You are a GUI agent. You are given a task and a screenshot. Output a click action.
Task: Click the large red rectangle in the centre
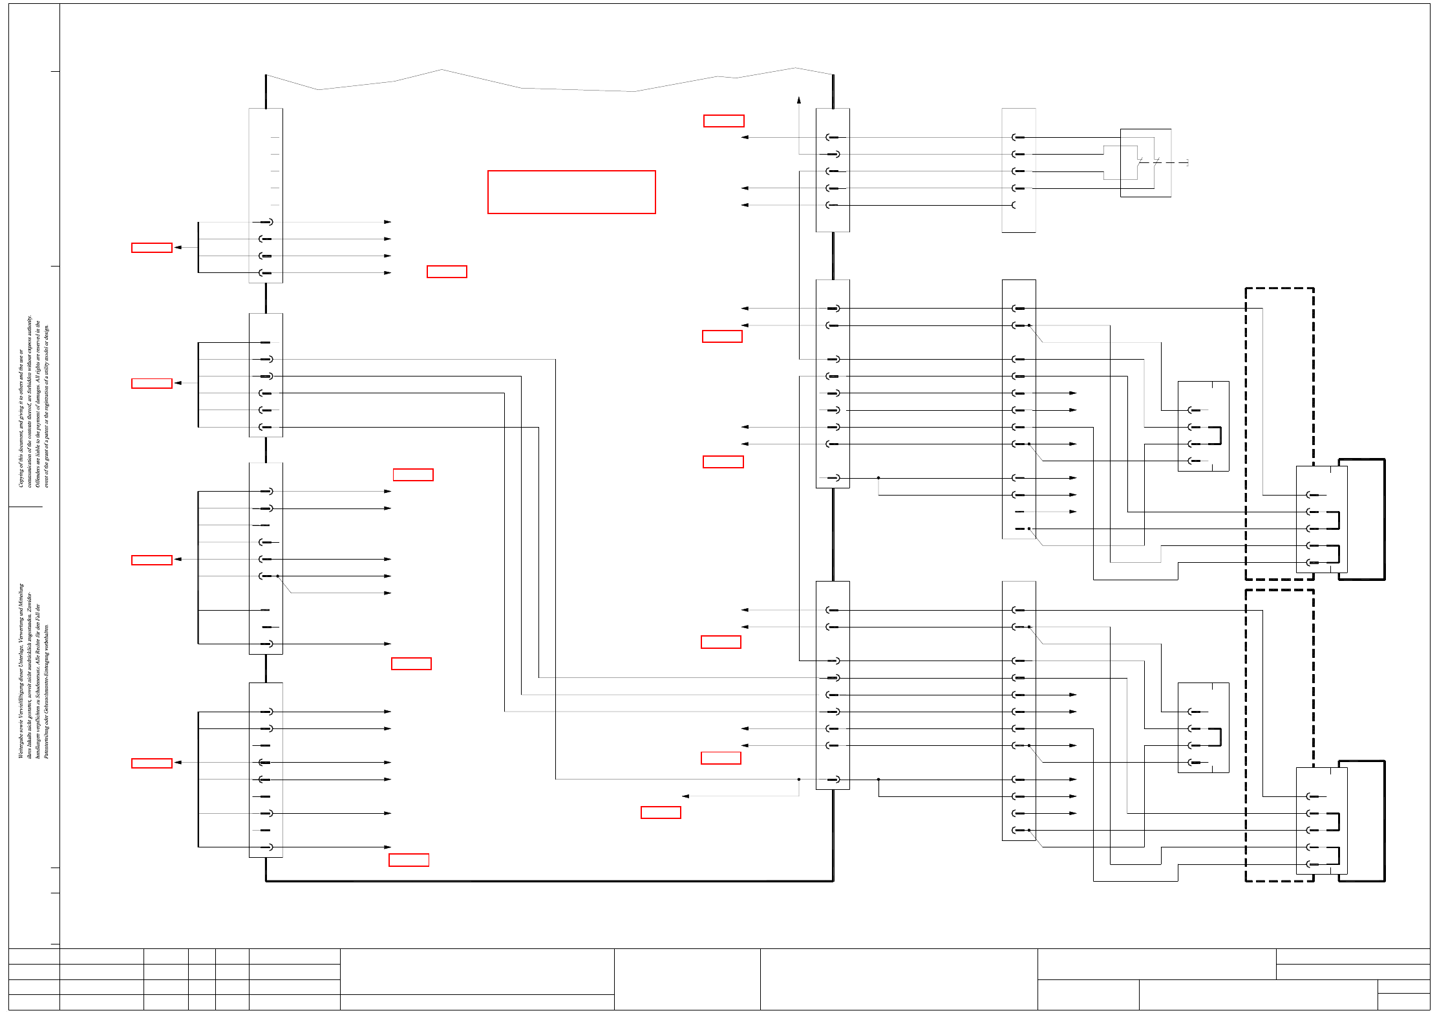pyautogui.click(x=571, y=192)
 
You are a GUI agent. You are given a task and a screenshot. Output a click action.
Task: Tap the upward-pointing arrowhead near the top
pyautogui.click(x=799, y=100)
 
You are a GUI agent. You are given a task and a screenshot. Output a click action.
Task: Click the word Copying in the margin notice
pyautogui.click(x=21, y=475)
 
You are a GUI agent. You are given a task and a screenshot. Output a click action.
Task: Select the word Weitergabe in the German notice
pyautogui.click(x=21, y=744)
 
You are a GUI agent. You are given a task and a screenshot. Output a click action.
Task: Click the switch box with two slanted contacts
pyautogui.click(x=1145, y=162)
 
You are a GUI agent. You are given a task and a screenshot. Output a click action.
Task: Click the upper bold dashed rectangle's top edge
pyautogui.click(x=1279, y=289)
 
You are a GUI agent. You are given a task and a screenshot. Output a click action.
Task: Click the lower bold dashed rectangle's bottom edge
pyautogui.click(x=1279, y=880)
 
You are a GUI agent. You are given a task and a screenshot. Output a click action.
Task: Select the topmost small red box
pyautogui.click(x=723, y=121)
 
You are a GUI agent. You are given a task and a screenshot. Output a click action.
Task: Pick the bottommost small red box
pyautogui.click(x=409, y=860)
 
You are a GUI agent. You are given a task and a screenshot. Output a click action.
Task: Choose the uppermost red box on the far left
pyautogui.click(x=152, y=248)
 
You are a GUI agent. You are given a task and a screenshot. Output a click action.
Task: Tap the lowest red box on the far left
pyautogui.click(x=152, y=763)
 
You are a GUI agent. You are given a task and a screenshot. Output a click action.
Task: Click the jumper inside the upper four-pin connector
pyautogui.click(x=1219, y=435)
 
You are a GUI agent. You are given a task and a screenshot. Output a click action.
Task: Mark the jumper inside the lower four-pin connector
pyautogui.click(x=1219, y=737)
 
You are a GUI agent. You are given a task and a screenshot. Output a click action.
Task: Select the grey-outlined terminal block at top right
pyautogui.click(x=1019, y=170)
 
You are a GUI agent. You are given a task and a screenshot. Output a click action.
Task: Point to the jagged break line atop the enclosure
pyautogui.click(x=549, y=84)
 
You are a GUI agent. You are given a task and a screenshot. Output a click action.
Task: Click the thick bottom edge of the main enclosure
pyautogui.click(x=549, y=880)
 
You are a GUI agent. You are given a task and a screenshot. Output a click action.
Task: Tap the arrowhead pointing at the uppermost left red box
pyautogui.click(x=178, y=248)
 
